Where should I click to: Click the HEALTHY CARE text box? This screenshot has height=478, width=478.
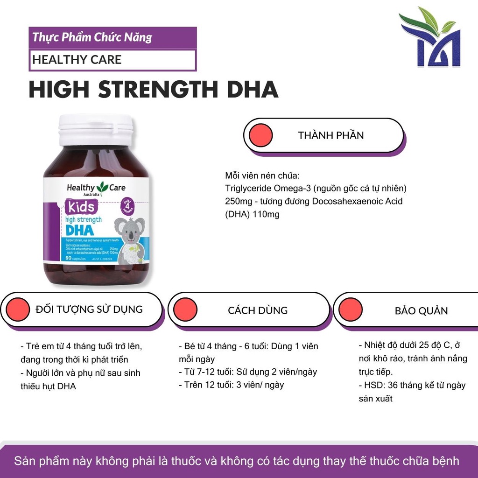tap(112, 60)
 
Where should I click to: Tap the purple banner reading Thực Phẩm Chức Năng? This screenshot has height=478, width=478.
tap(112, 37)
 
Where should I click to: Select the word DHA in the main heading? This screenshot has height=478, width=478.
tap(252, 90)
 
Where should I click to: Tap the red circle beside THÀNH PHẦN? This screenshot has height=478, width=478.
tap(260, 135)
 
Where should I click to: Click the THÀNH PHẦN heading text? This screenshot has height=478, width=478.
tap(330, 135)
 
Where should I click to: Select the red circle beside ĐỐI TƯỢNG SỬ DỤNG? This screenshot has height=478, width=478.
tap(18, 309)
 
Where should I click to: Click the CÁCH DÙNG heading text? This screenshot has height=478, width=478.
tap(258, 310)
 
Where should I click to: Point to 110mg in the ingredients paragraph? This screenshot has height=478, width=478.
tap(266, 215)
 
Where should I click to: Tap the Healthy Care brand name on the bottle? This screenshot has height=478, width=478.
tap(96, 188)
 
